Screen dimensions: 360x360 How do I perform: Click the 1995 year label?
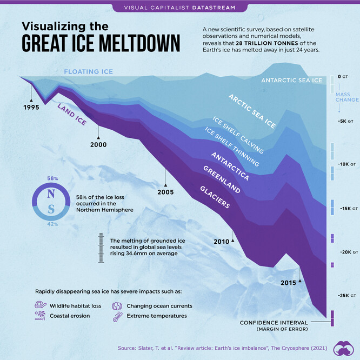pyautogui.click(x=31, y=107)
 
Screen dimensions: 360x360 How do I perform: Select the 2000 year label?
pyautogui.click(x=98, y=144)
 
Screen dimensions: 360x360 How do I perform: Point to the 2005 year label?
pyautogui.click(x=166, y=192)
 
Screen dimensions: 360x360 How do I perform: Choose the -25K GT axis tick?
pyautogui.click(x=346, y=296)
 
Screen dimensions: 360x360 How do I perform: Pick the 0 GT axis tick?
pyautogui.click(x=343, y=77)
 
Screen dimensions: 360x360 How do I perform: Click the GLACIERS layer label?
pyautogui.click(x=215, y=197)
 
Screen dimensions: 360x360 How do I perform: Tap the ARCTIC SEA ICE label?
pyautogui.click(x=251, y=112)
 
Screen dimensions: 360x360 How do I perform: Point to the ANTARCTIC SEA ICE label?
pyautogui.click(x=291, y=81)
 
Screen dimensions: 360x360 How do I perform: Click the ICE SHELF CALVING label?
pyautogui.click(x=238, y=135)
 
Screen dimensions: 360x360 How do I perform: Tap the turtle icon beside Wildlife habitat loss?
pyautogui.click(x=41, y=306)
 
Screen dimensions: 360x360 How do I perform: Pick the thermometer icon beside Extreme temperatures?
pyautogui.click(x=117, y=316)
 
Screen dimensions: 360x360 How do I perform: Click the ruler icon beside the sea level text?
pyautogui.click(x=101, y=248)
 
